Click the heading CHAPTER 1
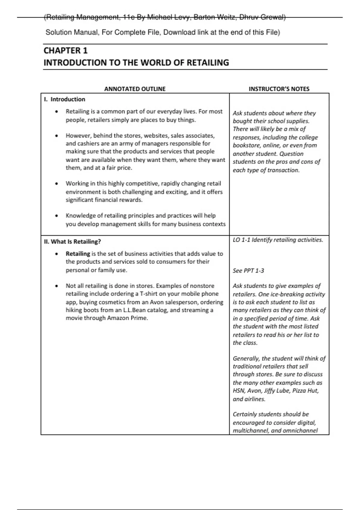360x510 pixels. click(65, 50)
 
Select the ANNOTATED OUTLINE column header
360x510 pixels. click(135, 89)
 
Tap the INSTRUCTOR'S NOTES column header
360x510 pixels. click(279, 89)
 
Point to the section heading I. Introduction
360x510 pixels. click(64, 99)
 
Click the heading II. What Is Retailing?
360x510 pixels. click(72, 241)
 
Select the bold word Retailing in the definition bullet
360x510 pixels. click(78, 253)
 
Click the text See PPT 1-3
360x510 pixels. click(248, 271)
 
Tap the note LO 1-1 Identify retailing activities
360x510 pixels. click(278, 240)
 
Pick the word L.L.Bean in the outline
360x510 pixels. click(134, 310)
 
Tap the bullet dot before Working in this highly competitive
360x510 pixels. click(56, 184)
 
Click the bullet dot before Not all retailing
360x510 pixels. click(56, 286)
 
